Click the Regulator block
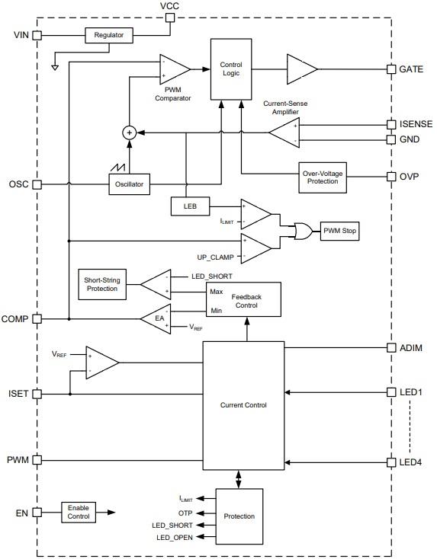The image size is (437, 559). [x=108, y=35]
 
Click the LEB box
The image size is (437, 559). [x=186, y=206]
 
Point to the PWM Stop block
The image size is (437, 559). [x=339, y=230]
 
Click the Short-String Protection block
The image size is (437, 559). [x=101, y=284]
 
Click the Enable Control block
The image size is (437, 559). [x=78, y=512]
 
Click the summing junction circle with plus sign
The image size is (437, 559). [x=130, y=133]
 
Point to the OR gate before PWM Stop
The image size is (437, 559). [x=294, y=230]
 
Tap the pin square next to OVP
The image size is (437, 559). [x=391, y=176]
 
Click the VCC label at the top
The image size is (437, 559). [x=170, y=6]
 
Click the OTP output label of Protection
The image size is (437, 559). [x=187, y=512]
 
